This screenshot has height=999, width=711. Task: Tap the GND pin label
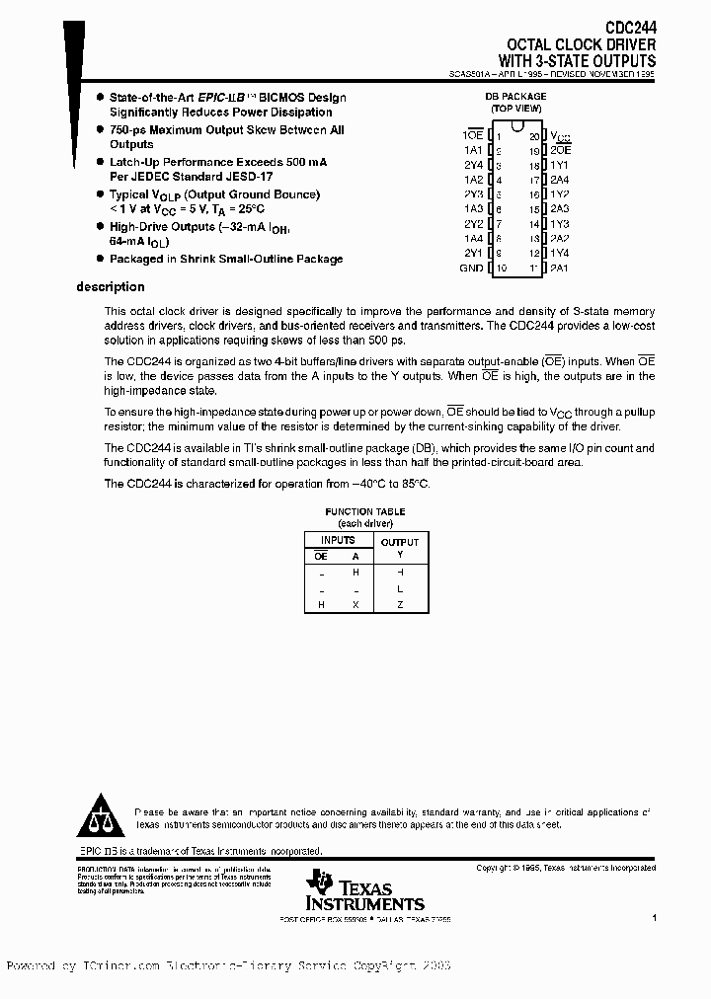(x=471, y=269)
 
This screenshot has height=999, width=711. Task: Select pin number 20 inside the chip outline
(x=534, y=135)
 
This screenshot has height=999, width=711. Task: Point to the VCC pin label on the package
(x=560, y=136)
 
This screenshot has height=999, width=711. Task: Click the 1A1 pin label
(x=473, y=150)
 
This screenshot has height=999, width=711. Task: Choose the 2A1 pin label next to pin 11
(x=560, y=269)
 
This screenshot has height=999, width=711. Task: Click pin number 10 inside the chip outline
(x=501, y=269)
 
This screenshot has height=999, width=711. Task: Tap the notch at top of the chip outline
(x=517, y=128)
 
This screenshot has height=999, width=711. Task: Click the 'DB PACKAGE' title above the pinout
(x=515, y=97)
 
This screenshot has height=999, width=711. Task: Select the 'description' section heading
(x=111, y=287)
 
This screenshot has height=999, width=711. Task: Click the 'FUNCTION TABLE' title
(x=364, y=511)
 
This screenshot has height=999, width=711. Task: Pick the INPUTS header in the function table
(x=338, y=540)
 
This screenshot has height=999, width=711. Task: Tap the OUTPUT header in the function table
(x=400, y=542)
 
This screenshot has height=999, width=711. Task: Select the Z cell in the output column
(x=400, y=604)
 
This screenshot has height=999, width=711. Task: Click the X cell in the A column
(x=355, y=604)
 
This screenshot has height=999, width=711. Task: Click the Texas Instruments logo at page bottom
(x=364, y=891)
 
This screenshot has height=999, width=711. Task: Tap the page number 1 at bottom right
(x=654, y=917)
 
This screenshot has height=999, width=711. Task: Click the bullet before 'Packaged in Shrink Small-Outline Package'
(x=100, y=259)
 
